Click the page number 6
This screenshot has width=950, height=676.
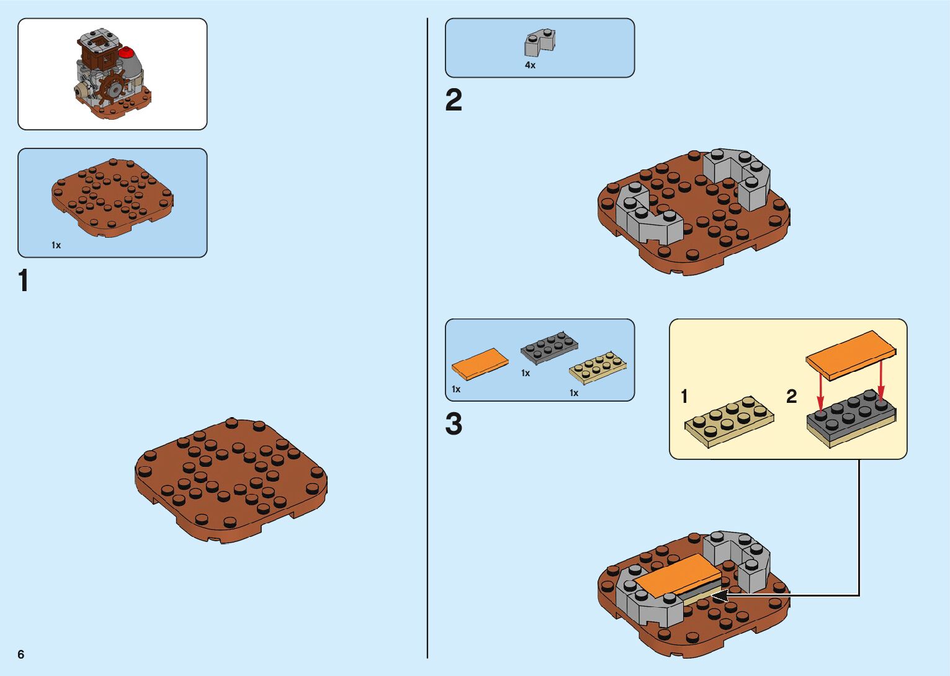21,654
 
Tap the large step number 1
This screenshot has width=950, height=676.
24,281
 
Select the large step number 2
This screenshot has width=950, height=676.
454,101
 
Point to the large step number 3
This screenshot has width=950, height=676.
454,425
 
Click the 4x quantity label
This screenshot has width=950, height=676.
530,65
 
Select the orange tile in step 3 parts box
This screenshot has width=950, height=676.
480,363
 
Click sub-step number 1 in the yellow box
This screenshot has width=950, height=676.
684,397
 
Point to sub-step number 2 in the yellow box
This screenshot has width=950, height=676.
791,397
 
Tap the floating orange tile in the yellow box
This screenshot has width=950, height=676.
851,354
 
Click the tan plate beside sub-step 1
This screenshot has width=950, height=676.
729,421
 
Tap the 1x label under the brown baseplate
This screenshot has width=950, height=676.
56,245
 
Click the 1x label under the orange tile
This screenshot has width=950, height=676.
456,389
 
